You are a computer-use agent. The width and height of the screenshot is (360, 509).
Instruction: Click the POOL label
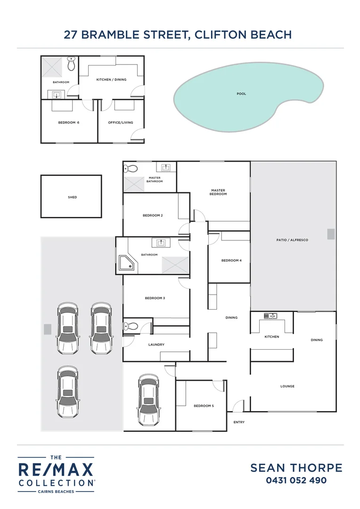point(241,94)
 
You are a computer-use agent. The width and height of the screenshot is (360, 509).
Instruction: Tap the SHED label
point(72,197)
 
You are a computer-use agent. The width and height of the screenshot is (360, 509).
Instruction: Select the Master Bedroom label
point(219,192)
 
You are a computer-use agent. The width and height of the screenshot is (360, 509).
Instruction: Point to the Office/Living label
point(121,123)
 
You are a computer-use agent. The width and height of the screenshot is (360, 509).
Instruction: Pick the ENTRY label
point(239,422)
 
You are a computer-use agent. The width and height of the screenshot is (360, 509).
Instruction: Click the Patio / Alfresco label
point(292,240)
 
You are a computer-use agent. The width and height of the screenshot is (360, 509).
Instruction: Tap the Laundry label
point(156,345)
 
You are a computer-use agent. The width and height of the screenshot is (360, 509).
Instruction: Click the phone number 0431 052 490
point(296,481)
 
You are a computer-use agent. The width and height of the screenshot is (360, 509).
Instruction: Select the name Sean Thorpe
point(296,468)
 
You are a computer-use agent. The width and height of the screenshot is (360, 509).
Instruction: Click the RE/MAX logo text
point(56,470)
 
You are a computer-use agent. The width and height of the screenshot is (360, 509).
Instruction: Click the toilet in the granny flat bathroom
point(71,64)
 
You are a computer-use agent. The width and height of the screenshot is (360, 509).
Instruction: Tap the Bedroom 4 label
point(231,261)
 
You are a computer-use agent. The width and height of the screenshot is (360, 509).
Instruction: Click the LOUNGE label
point(287,386)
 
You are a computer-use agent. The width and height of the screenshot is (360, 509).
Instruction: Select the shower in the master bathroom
point(133,183)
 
